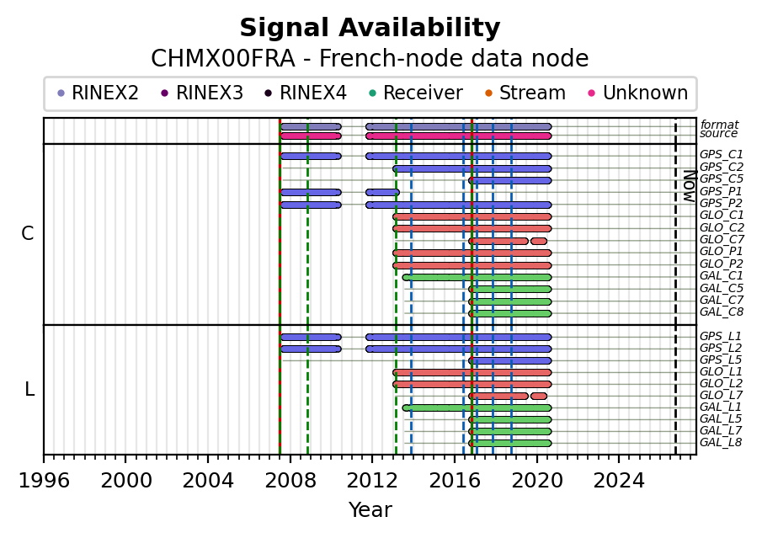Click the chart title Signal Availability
[x=370, y=28]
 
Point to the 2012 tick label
[x=372, y=481]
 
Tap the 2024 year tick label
[x=619, y=481]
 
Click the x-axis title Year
[x=370, y=510]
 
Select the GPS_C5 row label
[x=722, y=178]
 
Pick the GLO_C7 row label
[x=722, y=239]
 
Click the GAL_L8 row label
[x=721, y=442]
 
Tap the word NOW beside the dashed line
[x=690, y=186]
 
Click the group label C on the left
[x=27, y=234]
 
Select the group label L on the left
[x=29, y=389]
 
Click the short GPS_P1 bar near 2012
[x=382, y=193]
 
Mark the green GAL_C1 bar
[x=477, y=278]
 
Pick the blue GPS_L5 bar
[x=510, y=361]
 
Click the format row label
[x=719, y=125]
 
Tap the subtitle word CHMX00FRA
[x=223, y=59]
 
